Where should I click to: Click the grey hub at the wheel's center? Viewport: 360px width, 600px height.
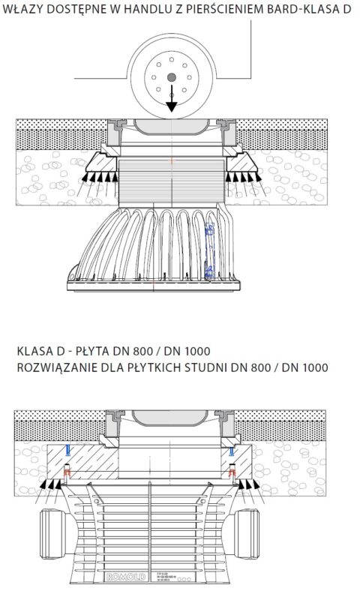tap(172, 77)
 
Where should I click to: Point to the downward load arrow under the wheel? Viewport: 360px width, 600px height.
tap(172, 101)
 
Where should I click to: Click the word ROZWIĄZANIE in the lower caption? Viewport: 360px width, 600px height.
tap(54, 367)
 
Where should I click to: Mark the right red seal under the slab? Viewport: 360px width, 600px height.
tap(233, 472)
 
